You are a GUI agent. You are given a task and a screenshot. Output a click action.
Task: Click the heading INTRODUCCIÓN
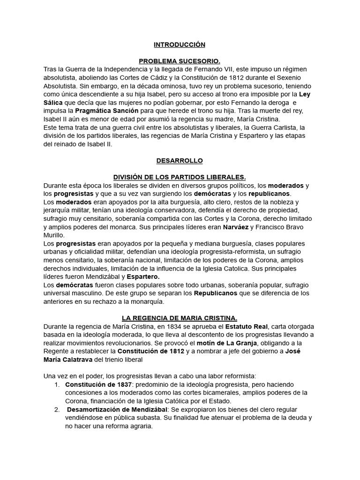[180, 45]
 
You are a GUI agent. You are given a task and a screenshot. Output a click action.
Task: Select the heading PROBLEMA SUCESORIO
[180, 61]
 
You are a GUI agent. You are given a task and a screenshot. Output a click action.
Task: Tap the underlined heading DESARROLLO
[180, 160]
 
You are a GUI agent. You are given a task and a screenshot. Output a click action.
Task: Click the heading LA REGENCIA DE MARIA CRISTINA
[180, 318]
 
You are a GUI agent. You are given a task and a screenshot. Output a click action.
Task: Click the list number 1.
[56, 384]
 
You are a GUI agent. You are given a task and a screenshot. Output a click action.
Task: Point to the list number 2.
[56, 409]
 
